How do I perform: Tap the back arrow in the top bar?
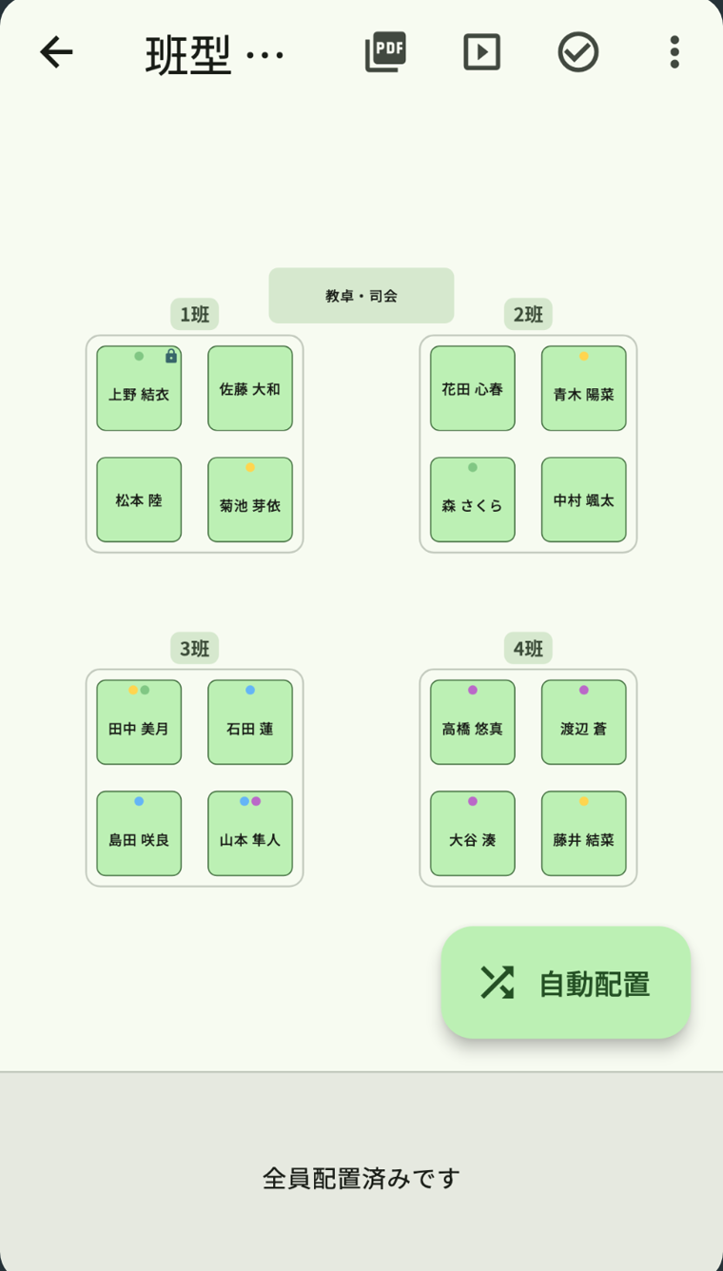tap(56, 52)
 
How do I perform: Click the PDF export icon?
tap(386, 51)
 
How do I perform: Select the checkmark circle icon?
tap(577, 52)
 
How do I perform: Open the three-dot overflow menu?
tap(674, 52)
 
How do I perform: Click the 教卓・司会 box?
tap(361, 296)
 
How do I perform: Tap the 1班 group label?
tap(195, 314)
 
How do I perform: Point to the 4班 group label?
tap(528, 648)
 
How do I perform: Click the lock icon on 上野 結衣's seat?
tap(171, 356)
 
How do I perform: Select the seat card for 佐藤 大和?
tap(250, 389)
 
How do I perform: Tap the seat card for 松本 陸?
tap(139, 499)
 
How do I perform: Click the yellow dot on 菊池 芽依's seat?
tap(250, 467)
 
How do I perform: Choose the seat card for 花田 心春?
tap(473, 389)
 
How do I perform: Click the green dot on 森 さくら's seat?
tap(473, 467)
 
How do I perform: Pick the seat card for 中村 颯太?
tap(584, 499)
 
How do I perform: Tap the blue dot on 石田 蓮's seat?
tap(250, 690)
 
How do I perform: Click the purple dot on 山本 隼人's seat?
tap(256, 801)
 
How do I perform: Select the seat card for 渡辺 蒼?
tap(584, 722)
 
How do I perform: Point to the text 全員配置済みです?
tap(361, 1179)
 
